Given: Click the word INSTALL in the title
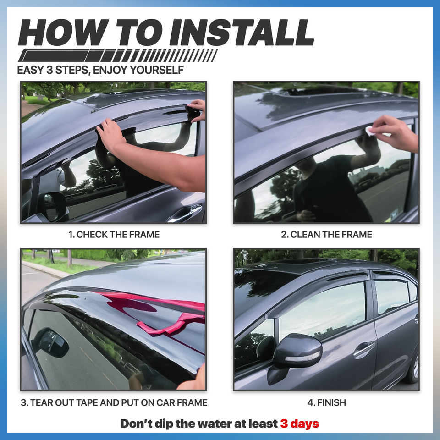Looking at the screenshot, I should tap(242, 32).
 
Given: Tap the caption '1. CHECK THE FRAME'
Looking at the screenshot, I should tap(114, 235).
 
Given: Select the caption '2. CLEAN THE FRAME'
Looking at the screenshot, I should tap(326, 235).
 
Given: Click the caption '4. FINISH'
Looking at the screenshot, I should tap(326, 403).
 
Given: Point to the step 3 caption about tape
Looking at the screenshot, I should tap(114, 403).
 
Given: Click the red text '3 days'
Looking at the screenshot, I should tap(299, 423).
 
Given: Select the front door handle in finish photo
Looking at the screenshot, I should tap(363, 350).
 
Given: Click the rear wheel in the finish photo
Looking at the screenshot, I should tap(415, 367).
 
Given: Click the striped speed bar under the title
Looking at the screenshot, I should tap(117, 56).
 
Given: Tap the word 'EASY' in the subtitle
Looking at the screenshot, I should tap(31, 71).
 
